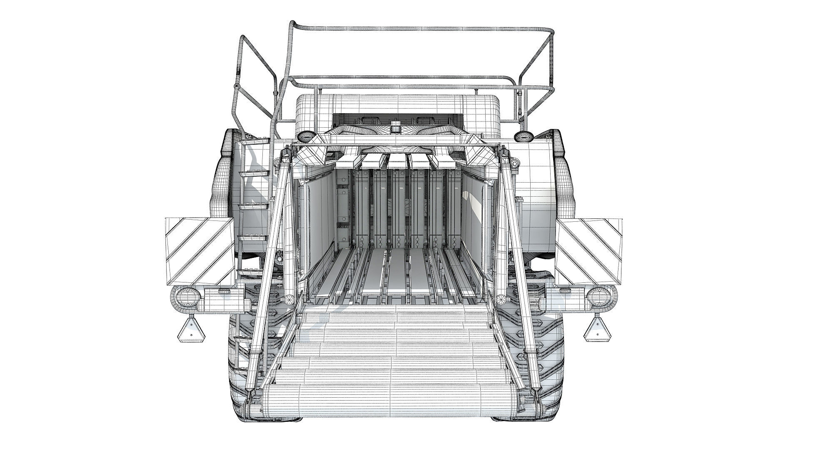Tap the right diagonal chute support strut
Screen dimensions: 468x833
[x=519, y=258]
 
